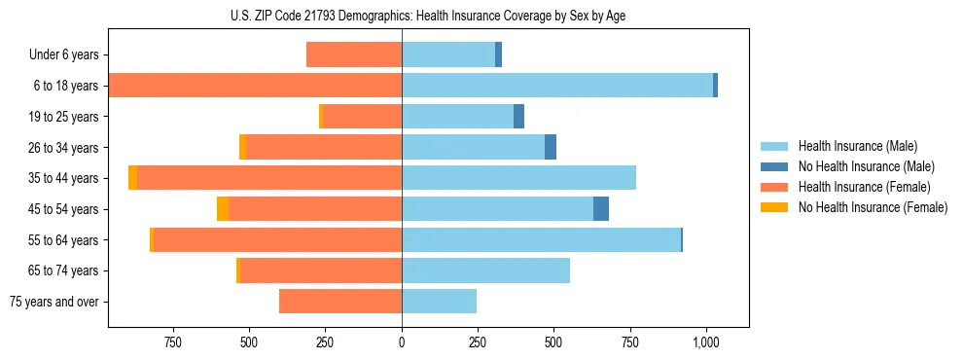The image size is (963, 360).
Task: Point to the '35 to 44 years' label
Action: [x=63, y=178]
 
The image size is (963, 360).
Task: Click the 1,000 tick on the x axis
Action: [x=706, y=342]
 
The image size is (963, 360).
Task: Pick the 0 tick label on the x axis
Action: [x=402, y=342]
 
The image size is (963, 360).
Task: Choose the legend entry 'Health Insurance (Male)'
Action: [x=857, y=146]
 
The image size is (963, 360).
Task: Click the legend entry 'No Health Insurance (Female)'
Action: [x=873, y=207]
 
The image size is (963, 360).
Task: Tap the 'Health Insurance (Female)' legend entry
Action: [x=864, y=187]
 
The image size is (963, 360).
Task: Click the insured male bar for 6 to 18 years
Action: [x=556, y=86]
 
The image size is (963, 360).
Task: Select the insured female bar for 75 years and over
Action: [x=340, y=302]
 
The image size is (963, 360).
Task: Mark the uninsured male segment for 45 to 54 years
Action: [x=601, y=209]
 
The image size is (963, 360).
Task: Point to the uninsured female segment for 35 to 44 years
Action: [x=132, y=178]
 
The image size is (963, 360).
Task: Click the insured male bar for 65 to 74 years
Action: [x=485, y=270]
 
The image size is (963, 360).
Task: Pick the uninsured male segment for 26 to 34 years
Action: [x=551, y=147]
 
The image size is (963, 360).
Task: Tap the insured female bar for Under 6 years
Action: [x=354, y=54]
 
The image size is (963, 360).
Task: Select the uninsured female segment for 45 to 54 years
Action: [x=223, y=209]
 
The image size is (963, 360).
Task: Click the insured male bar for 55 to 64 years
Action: [x=541, y=239]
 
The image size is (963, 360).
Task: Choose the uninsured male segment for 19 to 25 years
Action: [x=518, y=117]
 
